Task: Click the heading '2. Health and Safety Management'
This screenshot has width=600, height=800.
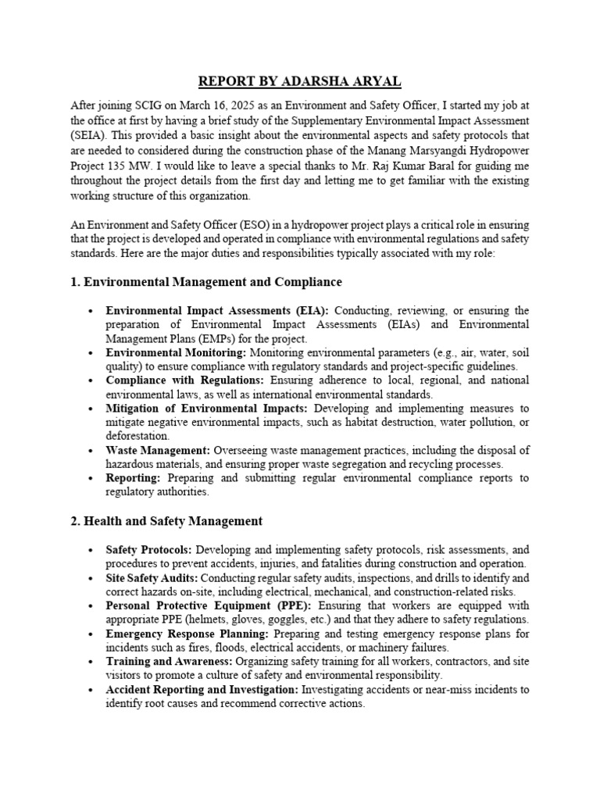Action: coord(166,520)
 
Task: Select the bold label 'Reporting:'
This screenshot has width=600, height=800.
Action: coord(134,477)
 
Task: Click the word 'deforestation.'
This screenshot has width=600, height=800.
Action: coord(137,436)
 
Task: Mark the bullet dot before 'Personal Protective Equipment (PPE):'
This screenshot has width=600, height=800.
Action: coord(91,606)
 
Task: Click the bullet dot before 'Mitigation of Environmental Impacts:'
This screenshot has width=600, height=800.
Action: coord(91,409)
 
